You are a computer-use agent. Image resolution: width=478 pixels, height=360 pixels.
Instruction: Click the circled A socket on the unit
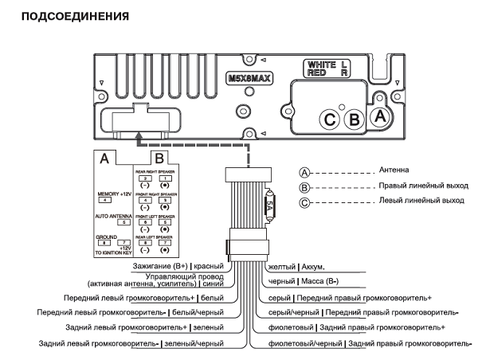pyautogui.click(x=381, y=115)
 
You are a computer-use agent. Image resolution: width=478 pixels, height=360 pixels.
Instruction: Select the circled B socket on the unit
pyautogui.click(x=356, y=120)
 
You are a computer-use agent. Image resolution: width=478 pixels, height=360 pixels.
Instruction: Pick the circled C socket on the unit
pyautogui.click(x=329, y=120)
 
